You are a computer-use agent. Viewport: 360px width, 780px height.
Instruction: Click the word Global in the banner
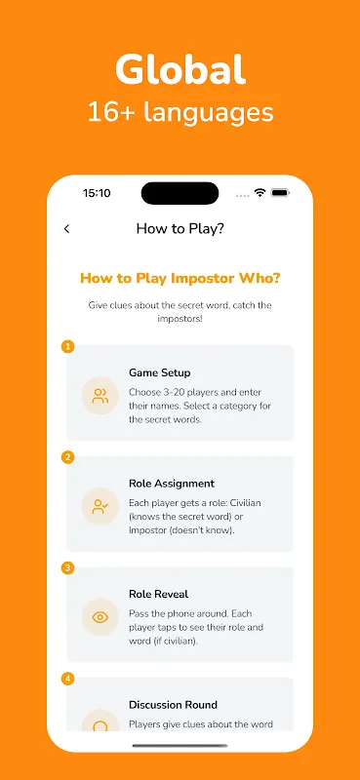pyautogui.click(x=180, y=69)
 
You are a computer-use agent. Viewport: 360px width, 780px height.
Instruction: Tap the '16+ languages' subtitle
pyautogui.click(x=180, y=112)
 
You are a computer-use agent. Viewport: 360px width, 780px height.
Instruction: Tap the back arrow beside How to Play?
pyautogui.click(x=66, y=228)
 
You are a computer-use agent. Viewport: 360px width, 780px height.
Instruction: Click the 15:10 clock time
pyautogui.click(x=97, y=193)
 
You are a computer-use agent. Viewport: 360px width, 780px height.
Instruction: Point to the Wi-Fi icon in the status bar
pyautogui.click(x=260, y=193)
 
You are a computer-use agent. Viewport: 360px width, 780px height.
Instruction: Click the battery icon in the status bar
pyautogui.click(x=280, y=193)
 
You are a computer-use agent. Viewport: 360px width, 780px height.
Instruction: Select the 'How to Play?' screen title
pyautogui.click(x=180, y=229)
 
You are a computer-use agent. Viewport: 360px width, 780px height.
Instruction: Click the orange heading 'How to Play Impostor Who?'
pyautogui.click(x=180, y=278)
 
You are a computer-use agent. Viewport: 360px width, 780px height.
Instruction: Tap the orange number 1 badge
pyautogui.click(x=67, y=346)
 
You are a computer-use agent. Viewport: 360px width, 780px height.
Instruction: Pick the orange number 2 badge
pyautogui.click(x=67, y=457)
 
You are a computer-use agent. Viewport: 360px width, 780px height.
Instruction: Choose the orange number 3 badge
pyautogui.click(x=67, y=567)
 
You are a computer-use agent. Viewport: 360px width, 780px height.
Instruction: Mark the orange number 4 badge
pyautogui.click(x=67, y=679)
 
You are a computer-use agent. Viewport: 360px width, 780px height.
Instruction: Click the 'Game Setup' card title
pyautogui.click(x=159, y=373)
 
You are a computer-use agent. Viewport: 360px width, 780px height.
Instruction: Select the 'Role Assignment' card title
pyautogui.click(x=172, y=484)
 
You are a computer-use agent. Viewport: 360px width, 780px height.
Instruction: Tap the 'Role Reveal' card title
pyautogui.click(x=158, y=595)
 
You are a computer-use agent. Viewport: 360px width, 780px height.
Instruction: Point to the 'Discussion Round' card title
pyautogui.click(x=174, y=705)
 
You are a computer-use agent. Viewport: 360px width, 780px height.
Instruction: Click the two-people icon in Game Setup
pyautogui.click(x=100, y=396)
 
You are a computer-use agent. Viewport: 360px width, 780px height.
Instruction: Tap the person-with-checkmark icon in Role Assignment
pyautogui.click(x=100, y=506)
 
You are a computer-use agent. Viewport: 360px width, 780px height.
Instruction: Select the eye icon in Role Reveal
pyautogui.click(x=100, y=617)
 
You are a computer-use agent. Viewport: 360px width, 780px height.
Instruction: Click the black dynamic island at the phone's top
pyautogui.click(x=180, y=193)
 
